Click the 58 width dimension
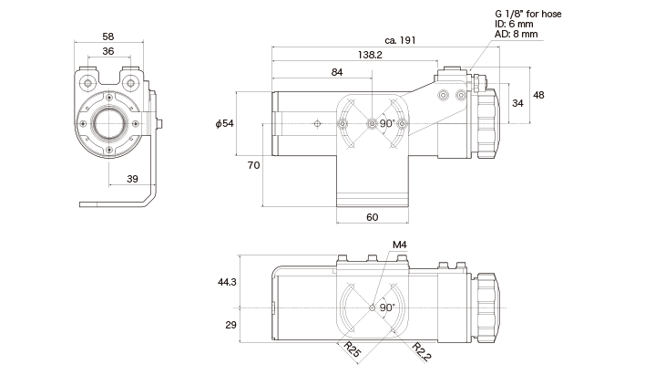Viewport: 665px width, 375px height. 108,36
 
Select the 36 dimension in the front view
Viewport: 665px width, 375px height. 108,52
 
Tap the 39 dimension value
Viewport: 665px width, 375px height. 132,178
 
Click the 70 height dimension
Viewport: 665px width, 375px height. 254,165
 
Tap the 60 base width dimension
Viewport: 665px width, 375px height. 372,217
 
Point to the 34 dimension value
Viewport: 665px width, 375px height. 517,103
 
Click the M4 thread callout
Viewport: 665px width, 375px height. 399,245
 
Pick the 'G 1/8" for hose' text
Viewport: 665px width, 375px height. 529,14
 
